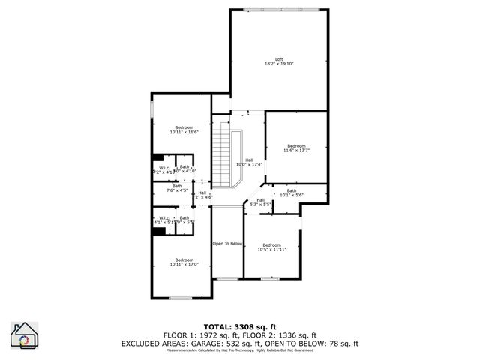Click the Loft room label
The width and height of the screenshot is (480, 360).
tap(279, 59)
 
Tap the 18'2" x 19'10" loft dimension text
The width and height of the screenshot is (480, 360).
tap(279, 64)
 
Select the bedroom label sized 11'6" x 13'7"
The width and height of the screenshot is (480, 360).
tap(296, 145)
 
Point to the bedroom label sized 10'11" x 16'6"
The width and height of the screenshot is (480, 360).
tap(184, 127)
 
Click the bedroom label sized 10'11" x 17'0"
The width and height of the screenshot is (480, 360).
tap(184, 259)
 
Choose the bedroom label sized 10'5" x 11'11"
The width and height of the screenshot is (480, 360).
tap(271, 245)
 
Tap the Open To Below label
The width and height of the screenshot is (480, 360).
tap(226, 244)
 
